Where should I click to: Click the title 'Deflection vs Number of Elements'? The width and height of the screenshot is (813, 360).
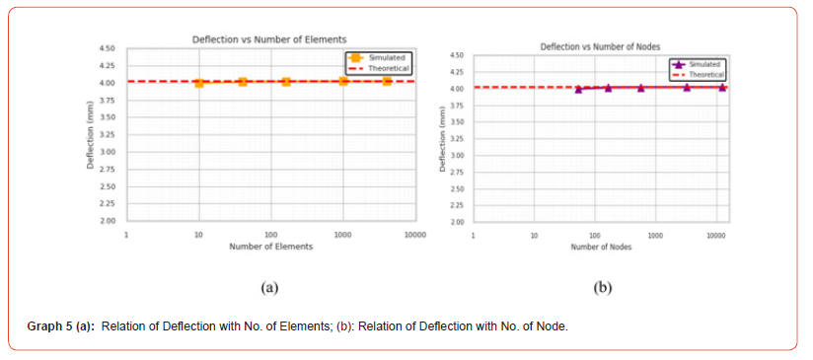click(268, 38)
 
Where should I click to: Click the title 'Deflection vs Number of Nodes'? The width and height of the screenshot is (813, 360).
click(600, 46)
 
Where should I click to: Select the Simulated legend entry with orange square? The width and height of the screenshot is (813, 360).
click(380, 58)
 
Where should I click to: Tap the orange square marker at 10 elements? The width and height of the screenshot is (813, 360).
click(199, 83)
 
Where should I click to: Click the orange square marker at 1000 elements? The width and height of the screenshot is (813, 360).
click(343, 81)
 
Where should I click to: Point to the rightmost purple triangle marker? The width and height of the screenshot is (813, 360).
click(722, 88)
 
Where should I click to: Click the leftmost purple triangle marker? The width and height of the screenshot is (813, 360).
click(578, 89)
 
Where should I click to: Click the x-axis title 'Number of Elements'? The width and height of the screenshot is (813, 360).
click(270, 247)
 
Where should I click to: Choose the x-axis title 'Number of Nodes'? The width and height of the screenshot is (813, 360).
click(601, 247)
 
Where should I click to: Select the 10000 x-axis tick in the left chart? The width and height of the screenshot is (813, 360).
click(414, 236)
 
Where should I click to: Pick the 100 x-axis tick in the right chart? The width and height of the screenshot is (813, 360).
click(594, 237)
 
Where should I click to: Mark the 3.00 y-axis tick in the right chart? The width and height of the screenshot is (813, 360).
click(457, 156)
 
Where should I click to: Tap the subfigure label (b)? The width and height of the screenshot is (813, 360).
click(602, 288)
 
